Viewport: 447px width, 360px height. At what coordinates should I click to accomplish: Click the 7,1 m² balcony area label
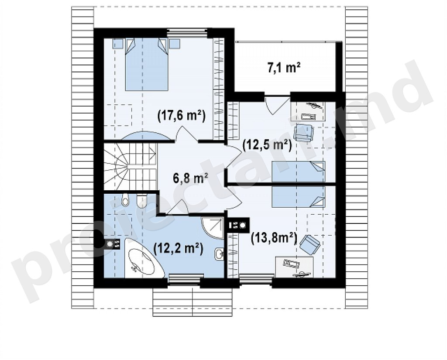(284, 69)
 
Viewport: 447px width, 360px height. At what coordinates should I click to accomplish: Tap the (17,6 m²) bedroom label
(182, 117)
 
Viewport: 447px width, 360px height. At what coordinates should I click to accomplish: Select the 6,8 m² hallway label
(190, 178)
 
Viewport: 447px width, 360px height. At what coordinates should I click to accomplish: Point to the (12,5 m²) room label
(267, 145)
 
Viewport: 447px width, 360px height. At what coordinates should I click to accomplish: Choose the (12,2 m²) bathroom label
(179, 248)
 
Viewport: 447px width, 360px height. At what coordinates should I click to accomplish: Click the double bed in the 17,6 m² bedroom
(146, 65)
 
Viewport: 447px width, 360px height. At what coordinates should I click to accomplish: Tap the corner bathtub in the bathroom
(144, 258)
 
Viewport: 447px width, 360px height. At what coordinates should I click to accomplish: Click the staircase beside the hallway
(130, 167)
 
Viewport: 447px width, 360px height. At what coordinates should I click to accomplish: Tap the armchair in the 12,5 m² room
(303, 132)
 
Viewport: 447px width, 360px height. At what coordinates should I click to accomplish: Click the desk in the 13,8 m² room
(294, 266)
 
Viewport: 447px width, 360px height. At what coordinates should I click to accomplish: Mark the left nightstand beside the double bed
(117, 44)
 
